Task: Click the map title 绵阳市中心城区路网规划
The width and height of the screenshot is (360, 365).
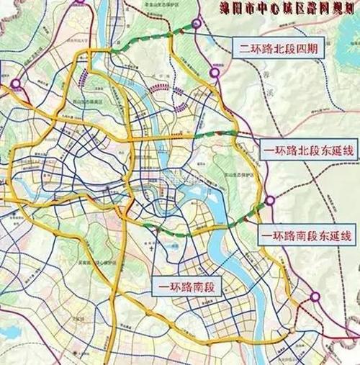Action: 283,9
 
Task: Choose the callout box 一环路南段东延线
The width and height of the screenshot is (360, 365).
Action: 307,235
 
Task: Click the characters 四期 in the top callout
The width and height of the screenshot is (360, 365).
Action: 318,50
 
